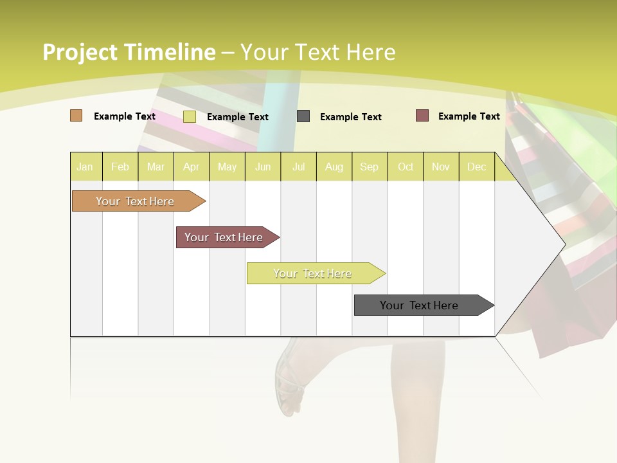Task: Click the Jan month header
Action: pos(85,167)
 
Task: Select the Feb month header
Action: pos(120,167)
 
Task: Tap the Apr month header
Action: pos(192,167)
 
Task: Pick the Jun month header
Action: pos(263,167)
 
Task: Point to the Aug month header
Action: pos(334,167)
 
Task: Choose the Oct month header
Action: pos(406,167)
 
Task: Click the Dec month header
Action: pos(477,167)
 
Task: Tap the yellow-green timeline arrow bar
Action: pos(313,273)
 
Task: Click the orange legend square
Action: pos(76,116)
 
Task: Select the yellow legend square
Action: pos(190,116)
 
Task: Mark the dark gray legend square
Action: pos(303,116)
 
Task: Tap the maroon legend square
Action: pos(422,116)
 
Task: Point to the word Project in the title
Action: pos(80,52)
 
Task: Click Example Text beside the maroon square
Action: pos(469,116)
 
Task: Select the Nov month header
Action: pos(441,167)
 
